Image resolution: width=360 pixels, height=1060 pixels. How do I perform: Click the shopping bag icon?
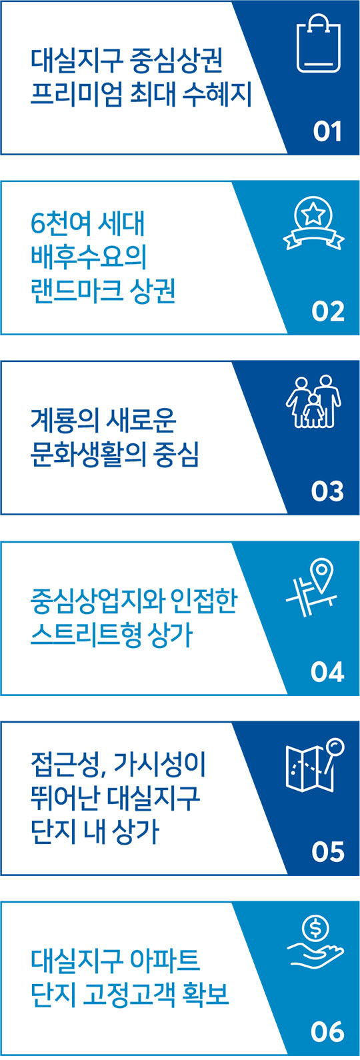pyautogui.click(x=319, y=43)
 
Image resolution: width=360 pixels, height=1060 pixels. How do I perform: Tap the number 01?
pyautogui.click(x=327, y=131)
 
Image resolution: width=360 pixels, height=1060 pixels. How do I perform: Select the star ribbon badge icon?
pyautogui.click(x=313, y=223)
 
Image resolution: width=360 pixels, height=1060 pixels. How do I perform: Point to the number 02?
pyautogui.click(x=328, y=311)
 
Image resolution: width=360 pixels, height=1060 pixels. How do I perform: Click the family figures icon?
pyautogui.click(x=313, y=402)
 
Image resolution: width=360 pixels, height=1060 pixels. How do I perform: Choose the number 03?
pyautogui.click(x=327, y=491)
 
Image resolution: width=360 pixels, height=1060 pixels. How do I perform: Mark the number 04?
pyautogui.click(x=327, y=672)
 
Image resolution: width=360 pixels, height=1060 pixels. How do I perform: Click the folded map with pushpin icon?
pyautogui.click(x=315, y=765)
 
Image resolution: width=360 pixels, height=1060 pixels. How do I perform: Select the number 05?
pyautogui.click(x=328, y=852)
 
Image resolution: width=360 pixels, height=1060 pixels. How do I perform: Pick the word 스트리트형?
pyautogui.click(x=85, y=635)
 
